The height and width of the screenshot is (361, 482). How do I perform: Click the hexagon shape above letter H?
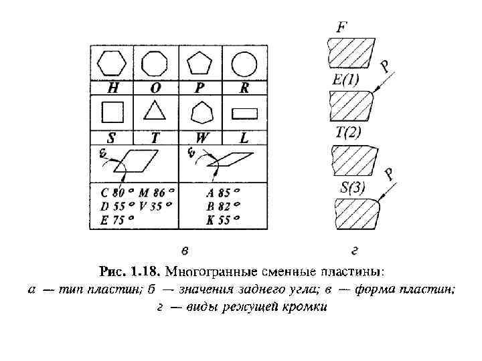(111, 64)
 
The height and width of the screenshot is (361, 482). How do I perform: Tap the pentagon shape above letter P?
(200, 64)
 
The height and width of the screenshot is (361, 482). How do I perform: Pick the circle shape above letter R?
(244, 65)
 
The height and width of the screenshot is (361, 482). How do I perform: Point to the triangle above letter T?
(155, 110)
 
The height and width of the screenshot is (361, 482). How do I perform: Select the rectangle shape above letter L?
(244, 112)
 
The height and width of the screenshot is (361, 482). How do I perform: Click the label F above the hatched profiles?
(341, 27)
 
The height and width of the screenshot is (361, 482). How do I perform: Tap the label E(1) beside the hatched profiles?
(346, 80)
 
